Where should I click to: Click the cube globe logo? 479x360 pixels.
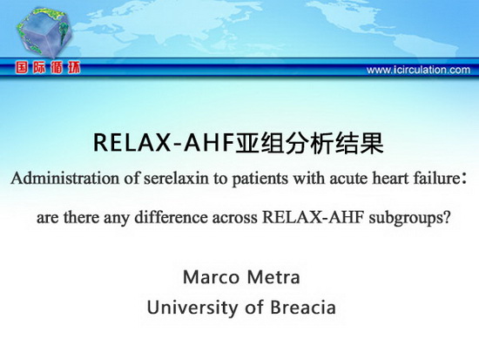(44, 32)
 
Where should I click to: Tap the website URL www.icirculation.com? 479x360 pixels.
(418, 70)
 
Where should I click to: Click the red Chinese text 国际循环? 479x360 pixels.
(48, 68)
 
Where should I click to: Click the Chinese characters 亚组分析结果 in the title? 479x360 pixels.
(309, 143)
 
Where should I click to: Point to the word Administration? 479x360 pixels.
(64, 179)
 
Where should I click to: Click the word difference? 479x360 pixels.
(171, 217)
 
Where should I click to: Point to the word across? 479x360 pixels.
(234, 219)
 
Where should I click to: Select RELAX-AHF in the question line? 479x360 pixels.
(313, 218)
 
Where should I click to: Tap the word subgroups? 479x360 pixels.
(406, 219)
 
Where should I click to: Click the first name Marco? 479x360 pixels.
(211, 277)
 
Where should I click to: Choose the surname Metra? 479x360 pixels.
(273, 277)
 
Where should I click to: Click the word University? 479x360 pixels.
(192, 308)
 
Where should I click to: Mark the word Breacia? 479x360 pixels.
(303, 308)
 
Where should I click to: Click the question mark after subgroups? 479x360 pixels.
(447, 218)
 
